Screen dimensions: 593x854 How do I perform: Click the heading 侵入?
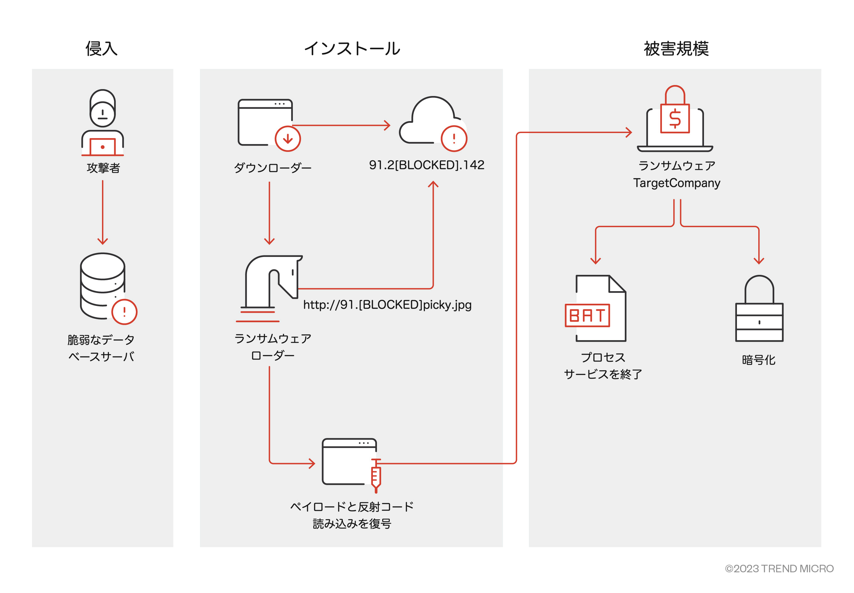pyautogui.click(x=101, y=49)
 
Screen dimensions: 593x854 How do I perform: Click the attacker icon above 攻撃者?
pyautogui.click(x=103, y=123)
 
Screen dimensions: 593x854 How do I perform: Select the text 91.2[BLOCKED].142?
pyautogui.click(x=426, y=165)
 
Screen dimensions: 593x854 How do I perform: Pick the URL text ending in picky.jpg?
pyautogui.click(x=387, y=305)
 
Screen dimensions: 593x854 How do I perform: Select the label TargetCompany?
pyautogui.click(x=676, y=183)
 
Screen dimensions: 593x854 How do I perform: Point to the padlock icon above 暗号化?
pyautogui.click(x=759, y=308)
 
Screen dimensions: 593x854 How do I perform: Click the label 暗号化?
pyautogui.click(x=758, y=360)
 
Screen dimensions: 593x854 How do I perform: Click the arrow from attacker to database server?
pyautogui.click(x=103, y=212)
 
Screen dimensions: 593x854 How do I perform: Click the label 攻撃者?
pyautogui.click(x=103, y=168)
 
